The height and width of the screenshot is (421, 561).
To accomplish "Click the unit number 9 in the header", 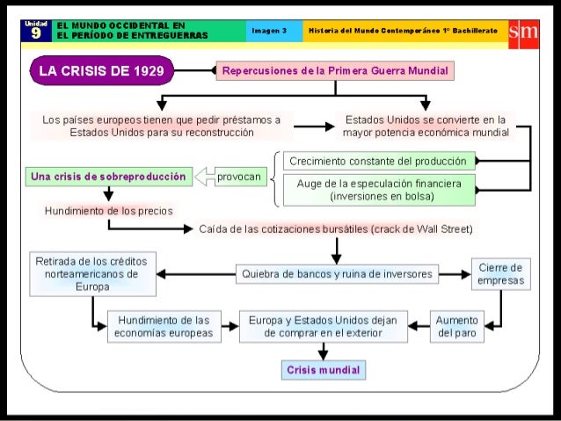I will (x=35, y=34).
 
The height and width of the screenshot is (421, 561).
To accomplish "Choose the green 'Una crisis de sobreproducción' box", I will (x=107, y=177).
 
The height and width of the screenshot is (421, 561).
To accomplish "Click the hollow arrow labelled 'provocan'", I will (x=229, y=177).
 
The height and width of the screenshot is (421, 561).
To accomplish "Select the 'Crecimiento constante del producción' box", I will (x=378, y=162).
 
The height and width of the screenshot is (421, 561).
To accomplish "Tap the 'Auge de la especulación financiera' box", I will (x=378, y=190).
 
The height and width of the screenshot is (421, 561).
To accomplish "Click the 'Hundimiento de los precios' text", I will (x=108, y=212).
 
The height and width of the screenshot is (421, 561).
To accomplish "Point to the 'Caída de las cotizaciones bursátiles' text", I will (x=336, y=229).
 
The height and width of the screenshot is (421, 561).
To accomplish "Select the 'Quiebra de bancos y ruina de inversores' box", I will (x=337, y=274).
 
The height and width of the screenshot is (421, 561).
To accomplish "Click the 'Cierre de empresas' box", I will (x=500, y=274).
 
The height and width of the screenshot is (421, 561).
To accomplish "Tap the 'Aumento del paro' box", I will (x=456, y=327).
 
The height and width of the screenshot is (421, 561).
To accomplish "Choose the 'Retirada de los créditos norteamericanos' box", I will (x=92, y=274).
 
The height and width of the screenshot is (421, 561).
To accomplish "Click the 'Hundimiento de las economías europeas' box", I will (x=163, y=327).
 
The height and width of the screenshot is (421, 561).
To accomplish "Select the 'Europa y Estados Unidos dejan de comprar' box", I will (x=323, y=327).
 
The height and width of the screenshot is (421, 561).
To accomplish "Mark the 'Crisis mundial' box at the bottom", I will (x=323, y=370).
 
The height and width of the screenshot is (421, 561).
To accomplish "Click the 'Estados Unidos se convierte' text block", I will (x=426, y=125).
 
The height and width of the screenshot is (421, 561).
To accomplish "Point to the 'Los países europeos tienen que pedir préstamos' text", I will (x=162, y=125).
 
